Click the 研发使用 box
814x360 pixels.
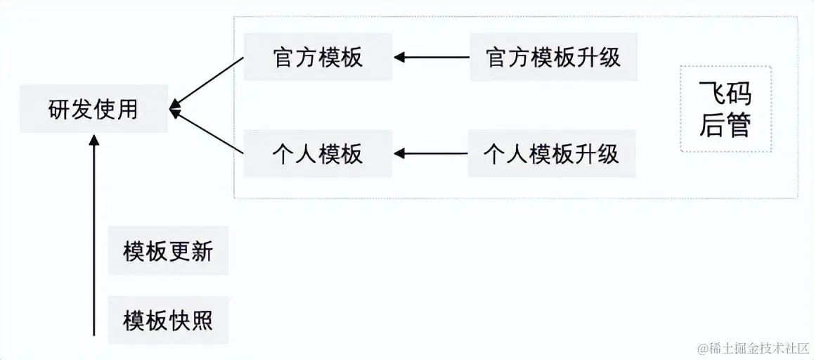93,109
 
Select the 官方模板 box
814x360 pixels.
318,57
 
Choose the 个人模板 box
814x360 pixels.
318,153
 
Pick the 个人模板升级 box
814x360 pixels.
552,153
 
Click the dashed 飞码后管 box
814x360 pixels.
725,109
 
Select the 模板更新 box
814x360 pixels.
168,251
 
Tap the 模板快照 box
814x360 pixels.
168,321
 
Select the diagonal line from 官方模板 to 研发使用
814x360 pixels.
208,82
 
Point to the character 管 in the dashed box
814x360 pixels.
739,126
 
